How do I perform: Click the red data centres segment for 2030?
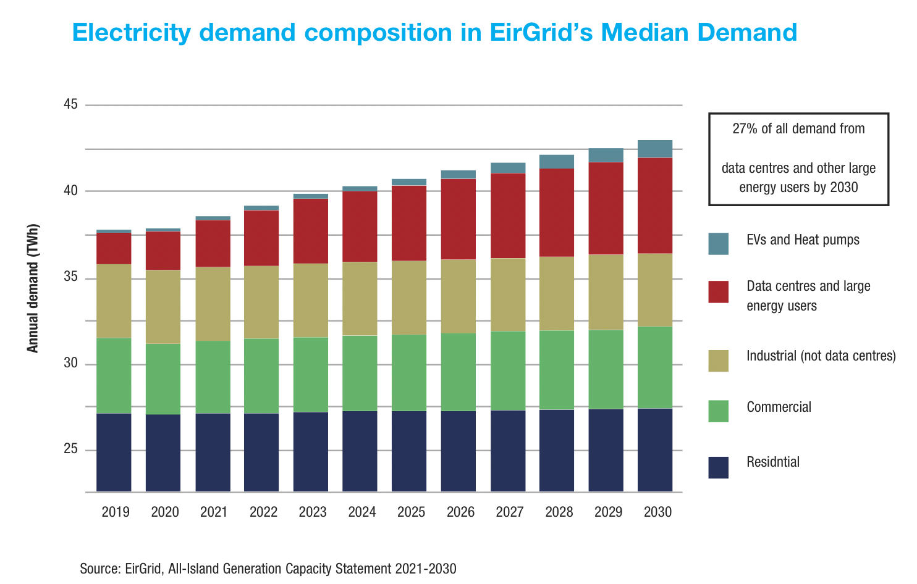tap(655, 206)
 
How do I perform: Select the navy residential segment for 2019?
tap(114, 452)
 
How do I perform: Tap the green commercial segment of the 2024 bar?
tap(360, 373)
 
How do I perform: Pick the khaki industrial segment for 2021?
tap(213, 304)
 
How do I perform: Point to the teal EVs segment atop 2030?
tap(655, 149)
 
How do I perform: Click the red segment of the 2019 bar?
tap(114, 248)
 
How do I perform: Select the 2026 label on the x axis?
tap(460, 512)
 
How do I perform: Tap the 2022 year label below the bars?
tap(263, 512)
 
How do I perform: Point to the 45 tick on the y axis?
tap(70, 104)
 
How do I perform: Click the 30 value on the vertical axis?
tap(70, 364)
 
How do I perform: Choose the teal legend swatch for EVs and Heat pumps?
tap(718, 243)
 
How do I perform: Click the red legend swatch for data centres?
tap(718, 292)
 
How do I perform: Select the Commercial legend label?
tap(779, 407)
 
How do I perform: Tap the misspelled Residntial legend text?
tap(772, 462)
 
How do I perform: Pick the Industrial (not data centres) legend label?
tap(821, 356)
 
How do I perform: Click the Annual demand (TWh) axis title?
tap(33, 288)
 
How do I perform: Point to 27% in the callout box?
tap(745, 129)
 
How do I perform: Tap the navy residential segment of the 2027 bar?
tap(508, 451)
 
